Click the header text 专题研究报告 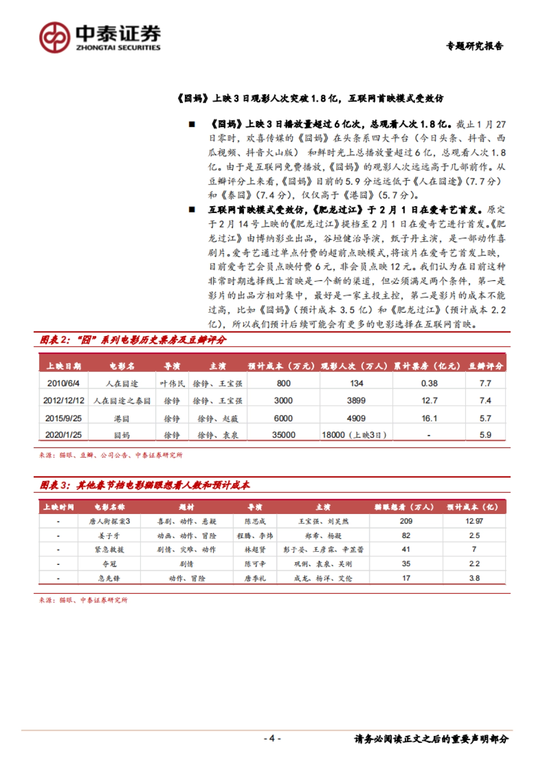coord(475,46)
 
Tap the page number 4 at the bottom coord(272,738)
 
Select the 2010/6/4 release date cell coord(63,383)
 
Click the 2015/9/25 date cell coord(63,418)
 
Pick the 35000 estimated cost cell coord(283,435)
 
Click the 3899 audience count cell coord(356,400)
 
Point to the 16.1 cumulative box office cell coord(429,418)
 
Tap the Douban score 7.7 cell coord(485,383)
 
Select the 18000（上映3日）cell coord(354,435)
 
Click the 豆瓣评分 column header coord(486,366)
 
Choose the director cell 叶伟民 coord(172,384)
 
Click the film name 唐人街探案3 coord(109,521)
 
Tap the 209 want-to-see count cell coord(406,521)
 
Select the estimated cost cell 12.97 coord(474,521)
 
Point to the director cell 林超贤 coord(255,549)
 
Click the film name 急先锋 coord(109,578)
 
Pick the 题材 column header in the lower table coord(187,507)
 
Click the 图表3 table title coord(144,485)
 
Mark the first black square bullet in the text coord(192,124)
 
